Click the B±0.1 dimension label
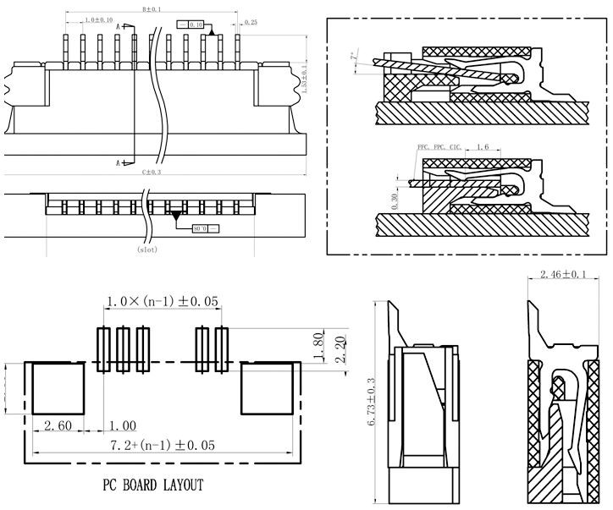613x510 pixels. [153, 9]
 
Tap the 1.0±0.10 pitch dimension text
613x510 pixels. [100, 19]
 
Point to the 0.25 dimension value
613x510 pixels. [251, 22]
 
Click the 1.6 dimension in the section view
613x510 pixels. [483, 147]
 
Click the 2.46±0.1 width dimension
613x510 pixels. [562, 274]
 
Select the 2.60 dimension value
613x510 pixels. [58, 424]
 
